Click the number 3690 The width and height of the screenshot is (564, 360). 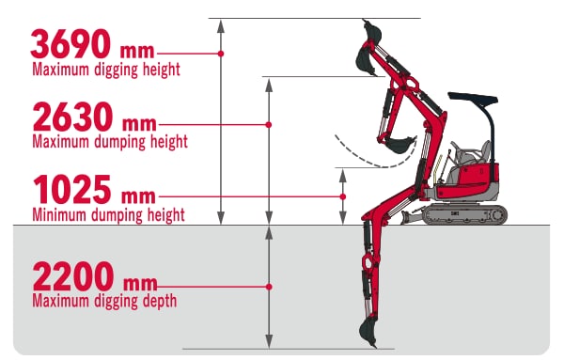(x=70, y=44)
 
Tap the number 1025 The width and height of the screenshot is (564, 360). (x=71, y=190)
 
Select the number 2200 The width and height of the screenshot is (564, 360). (x=73, y=276)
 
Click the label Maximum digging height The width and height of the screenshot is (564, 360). (x=106, y=70)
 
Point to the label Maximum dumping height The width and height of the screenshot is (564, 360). (x=110, y=141)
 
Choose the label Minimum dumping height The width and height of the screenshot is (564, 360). (x=109, y=215)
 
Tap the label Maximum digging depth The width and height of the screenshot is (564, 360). (x=104, y=301)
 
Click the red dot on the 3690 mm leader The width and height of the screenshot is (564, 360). (x=221, y=54)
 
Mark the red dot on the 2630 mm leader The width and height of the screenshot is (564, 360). (x=268, y=125)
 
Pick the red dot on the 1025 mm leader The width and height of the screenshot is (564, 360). (x=343, y=196)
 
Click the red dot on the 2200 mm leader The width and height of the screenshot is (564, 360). (x=269, y=287)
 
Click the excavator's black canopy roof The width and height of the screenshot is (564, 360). (x=473, y=98)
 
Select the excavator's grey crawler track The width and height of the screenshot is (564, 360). (x=464, y=214)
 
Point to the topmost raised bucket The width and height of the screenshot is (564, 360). (x=372, y=31)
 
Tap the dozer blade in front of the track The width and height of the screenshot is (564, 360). (x=411, y=217)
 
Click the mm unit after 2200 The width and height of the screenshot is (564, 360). (x=140, y=284)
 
